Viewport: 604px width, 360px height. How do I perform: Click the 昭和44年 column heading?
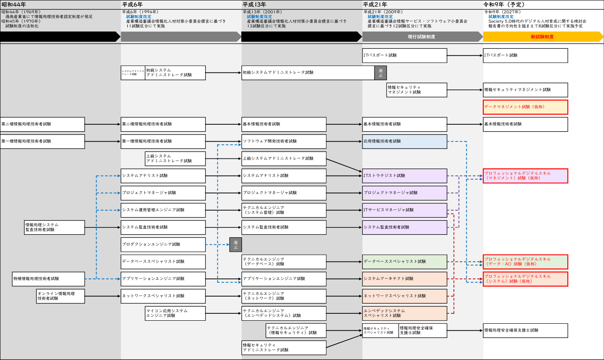tap(14, 5)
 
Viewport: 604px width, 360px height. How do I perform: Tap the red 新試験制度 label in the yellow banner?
tap(542, 37)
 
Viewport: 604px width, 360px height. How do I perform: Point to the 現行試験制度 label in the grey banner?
tap(422, 37)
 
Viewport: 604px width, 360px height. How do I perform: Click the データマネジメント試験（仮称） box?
tap(525, 107)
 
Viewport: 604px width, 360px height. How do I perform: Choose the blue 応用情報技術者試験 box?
tap(405, 142)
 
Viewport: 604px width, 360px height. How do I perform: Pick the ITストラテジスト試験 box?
tap(405, 176)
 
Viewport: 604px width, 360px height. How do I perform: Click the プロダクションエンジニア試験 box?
tap(163, 244)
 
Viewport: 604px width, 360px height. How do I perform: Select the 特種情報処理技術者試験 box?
tap(48, 279)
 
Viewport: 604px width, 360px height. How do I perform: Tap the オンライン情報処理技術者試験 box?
tap(60, 296)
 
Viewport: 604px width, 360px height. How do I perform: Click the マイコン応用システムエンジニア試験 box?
tap(175, 313)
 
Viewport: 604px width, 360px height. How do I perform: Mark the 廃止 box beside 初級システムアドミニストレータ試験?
tap(381, 73)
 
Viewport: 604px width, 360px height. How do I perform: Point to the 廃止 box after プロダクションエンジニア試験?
tap(236, 245)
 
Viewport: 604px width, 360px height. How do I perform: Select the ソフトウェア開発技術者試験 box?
tap(284, 142)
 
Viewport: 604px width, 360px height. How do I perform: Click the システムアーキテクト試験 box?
tap(405, 279)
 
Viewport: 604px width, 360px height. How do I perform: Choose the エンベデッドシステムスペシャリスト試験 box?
tap(405, 313)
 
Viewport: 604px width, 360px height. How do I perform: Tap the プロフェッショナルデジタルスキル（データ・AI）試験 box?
tap(525, 262)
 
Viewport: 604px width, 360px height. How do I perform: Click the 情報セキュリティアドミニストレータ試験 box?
tap(284, 347)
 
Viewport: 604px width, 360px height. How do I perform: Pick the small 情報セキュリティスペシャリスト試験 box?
tap(380, 331)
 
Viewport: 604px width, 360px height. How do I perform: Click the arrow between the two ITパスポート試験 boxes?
tap(465, 55)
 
